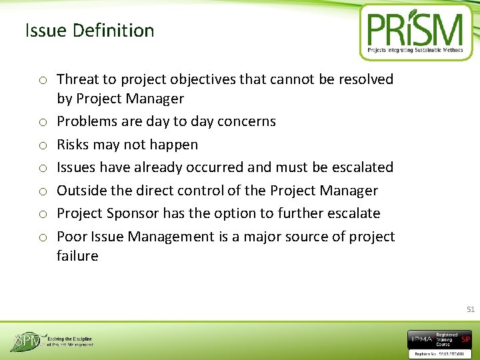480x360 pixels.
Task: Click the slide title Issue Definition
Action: [x=89, y=31]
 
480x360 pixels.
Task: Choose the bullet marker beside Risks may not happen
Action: [x=41, y=145]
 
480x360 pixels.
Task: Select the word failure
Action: [x=77, y=256]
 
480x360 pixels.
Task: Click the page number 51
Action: [x=470, y=309]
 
